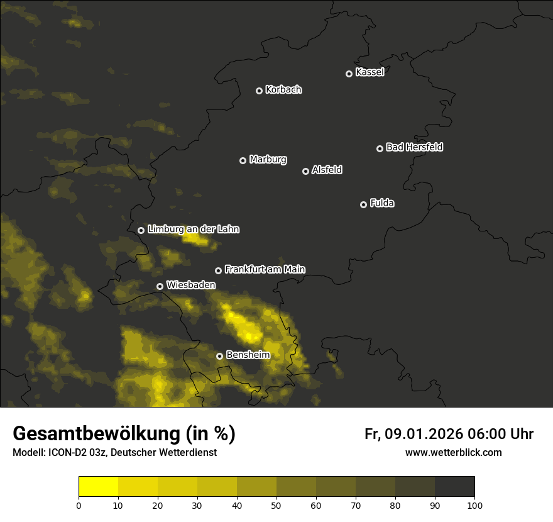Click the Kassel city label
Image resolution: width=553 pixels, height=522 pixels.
pos(370,72)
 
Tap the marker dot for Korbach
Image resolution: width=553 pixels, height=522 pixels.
pos(259,91)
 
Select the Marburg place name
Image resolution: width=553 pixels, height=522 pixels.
pos(268,160)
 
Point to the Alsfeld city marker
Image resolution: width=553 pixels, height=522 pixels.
pos(306,171)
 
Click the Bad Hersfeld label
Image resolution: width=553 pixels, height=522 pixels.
pos(414,147)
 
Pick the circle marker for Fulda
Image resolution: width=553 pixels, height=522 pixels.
pos(363,204)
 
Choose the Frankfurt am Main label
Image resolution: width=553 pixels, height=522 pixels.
pos(265,269)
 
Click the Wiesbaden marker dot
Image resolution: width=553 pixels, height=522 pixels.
pos(160,286)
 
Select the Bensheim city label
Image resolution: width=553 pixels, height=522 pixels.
pos(248,355)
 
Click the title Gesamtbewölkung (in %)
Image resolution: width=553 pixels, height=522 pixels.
pos(124,434)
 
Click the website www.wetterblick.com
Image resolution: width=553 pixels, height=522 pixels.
pos(453,452)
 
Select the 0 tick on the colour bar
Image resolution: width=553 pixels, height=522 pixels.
pos(79,505)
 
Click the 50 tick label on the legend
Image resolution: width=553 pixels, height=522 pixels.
pos(276,505)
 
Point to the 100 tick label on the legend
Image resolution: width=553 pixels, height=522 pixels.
pos(474,505)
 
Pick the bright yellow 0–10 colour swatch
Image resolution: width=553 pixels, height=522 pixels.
pos(99,487)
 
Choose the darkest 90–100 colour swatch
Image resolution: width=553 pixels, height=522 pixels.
pos(454,487)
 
